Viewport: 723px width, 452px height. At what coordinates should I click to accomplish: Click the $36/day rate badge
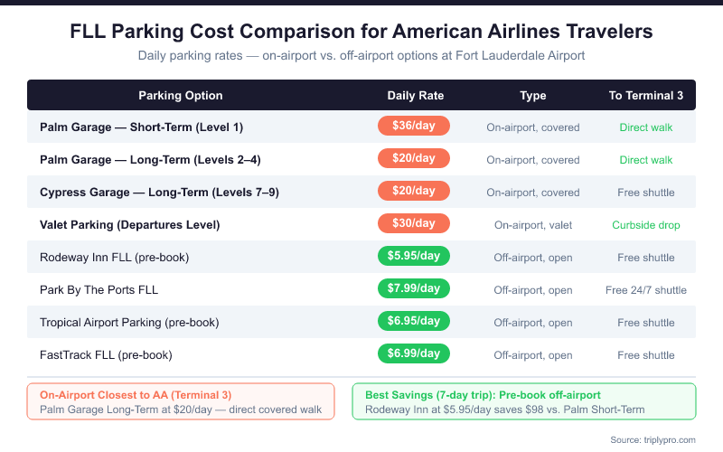pyautogui.click(x=413, y=127)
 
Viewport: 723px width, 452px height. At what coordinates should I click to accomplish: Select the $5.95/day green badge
pyautogui.click(x=413, y=257)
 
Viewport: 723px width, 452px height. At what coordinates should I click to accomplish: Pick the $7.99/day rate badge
pyautogui.click(x=413, y=289)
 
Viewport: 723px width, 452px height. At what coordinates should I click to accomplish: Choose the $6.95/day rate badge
pyautogui.click(x=413, y=322)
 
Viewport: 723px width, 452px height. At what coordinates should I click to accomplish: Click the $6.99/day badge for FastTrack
pyautogui.click(x=413, y=354)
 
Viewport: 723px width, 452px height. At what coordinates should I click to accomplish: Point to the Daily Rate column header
pyautogui.click(x=416, y=95)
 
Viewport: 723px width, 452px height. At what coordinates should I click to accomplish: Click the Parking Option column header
pyautogui.click(x=181, y=95)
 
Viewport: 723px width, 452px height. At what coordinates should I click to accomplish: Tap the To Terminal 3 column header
pyautogui.click(x=645, y=95)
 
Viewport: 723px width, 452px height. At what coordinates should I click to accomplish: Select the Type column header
pyautogui.click(x=533, y=95)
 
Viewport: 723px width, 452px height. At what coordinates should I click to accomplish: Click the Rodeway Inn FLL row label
pyautogui.click(x=114, y=258)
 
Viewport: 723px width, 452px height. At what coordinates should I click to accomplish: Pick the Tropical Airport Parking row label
pyautogui.click(x=129, y=323)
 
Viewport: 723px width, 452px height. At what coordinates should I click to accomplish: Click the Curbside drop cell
pyautogui.click(x=645, y=225)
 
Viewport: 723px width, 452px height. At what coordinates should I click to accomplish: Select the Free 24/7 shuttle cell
pyautogui.click(x=645, y=290)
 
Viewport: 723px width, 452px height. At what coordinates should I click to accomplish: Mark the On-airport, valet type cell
pyautogui.click(x=533, y=225)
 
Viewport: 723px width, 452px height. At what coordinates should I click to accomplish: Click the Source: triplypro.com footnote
pyautogui.click(x=655, y=438)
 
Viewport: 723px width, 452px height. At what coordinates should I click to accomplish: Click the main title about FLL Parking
pyautogui.click(x=361, y=33)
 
